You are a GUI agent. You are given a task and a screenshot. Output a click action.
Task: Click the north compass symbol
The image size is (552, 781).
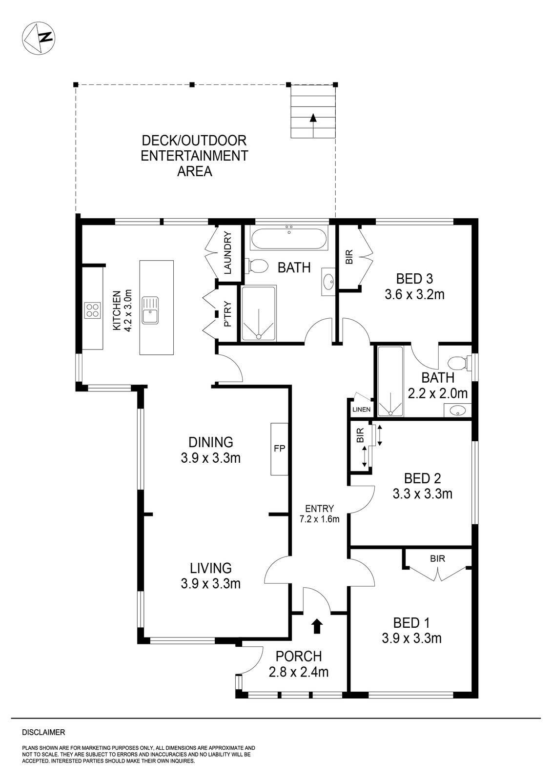pyautogui.click(x=39, y=38)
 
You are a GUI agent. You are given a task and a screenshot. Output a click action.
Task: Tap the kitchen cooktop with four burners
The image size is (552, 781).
pyautogui.click(x=93, y=310)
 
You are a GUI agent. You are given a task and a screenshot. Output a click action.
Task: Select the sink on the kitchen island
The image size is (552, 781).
pyautogui.click(x=150, y=310)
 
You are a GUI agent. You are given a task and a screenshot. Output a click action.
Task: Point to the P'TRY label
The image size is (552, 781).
pyautogui.click(x=227, y=315)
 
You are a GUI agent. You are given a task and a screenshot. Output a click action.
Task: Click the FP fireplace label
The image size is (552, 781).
pyautogui.click(x=279, y=449)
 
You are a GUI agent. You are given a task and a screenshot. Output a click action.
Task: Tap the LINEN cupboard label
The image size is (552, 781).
pyautogui.click(x=362, y=409)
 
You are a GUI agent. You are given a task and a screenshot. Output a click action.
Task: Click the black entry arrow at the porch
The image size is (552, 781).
pyautogui.click(x=317, y=626)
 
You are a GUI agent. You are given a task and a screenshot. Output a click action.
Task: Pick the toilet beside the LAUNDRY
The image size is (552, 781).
pyautogui.click(x=258, y=266)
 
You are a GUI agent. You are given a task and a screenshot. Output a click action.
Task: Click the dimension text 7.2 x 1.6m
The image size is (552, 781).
pyautogui.click(x=320, y=519)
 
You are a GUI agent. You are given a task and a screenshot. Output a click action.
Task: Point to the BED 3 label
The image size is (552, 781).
pyautogui.click(x=414, y=279)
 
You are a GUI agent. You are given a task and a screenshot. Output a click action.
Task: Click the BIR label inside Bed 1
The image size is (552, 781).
pyautogui.click(x=438, y=559)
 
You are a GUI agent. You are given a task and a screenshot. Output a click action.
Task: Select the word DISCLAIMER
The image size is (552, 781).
pyautogui.click(x=43, y=732)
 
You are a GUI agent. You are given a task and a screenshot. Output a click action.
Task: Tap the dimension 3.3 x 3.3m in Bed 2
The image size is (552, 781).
pyautogui.click(x=422, y=494)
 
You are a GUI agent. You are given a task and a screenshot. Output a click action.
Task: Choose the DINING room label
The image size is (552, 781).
pyautogui.click(x=211, y=442)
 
